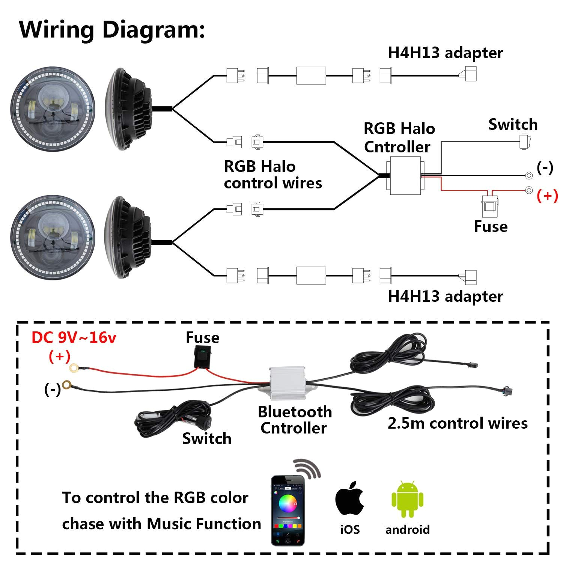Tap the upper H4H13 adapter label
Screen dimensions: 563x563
pyautogui.click(x=445, y=53)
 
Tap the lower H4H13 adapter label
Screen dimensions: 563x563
pyautogui.click(x=445, y=297)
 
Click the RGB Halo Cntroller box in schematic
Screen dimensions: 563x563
pyautogui.click(x=405, y=176)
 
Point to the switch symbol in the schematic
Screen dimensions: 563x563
pyautogui.click(x=525, y=142)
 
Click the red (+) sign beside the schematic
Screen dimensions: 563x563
pyautogui.click(x=547, y=196)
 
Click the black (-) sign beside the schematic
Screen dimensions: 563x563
pyautogui.click(x=545, y=167)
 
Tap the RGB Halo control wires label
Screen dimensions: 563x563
pyautogui.click(x=272, y=175)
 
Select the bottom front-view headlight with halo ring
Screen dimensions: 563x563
pyautogui.click(x=53, y=238)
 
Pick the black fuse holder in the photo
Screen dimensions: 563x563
pyautogui.click(x=202, y=356)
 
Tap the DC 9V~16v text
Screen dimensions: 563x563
pyautogui.click(x=74, y=338)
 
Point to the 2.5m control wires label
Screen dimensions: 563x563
pyautogui.click(x=457, y=423)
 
